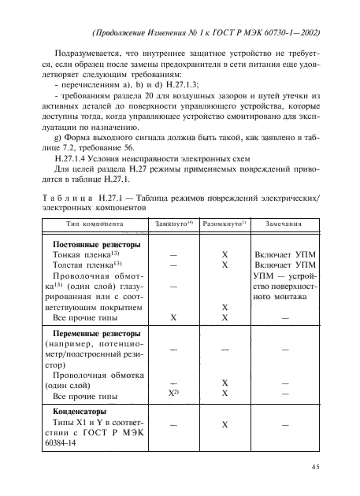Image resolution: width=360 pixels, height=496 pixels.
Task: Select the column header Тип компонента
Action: [x=89, y=224]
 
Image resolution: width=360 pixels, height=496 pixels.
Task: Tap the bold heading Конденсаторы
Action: [x=79, y=411]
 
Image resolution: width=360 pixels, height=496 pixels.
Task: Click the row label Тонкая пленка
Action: [x=84, y=255]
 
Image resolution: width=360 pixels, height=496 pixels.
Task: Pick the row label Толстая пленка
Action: [x=85, y=266]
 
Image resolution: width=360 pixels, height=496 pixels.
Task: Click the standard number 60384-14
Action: [x=72, y=444]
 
